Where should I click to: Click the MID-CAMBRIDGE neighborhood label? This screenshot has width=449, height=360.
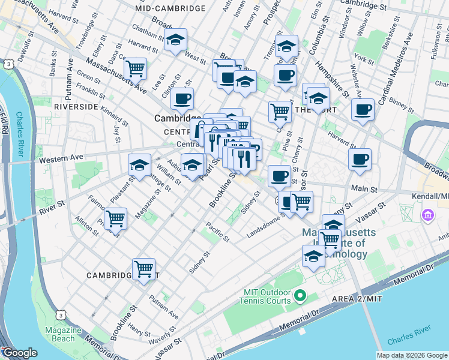click(170, 9)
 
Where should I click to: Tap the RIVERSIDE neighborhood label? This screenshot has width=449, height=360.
click(76, 106)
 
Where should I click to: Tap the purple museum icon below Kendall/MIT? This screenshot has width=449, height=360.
click(429, 215)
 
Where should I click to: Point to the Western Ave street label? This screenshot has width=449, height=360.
click(59, 160)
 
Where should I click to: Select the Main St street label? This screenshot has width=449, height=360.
click(364, 188)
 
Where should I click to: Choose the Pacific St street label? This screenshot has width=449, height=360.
click(217, 232)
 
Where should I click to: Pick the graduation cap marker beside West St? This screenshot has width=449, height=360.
click(175, 40)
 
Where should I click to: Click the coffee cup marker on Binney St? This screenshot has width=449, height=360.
click(363, 110)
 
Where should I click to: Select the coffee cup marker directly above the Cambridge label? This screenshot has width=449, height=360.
click(182, 98)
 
